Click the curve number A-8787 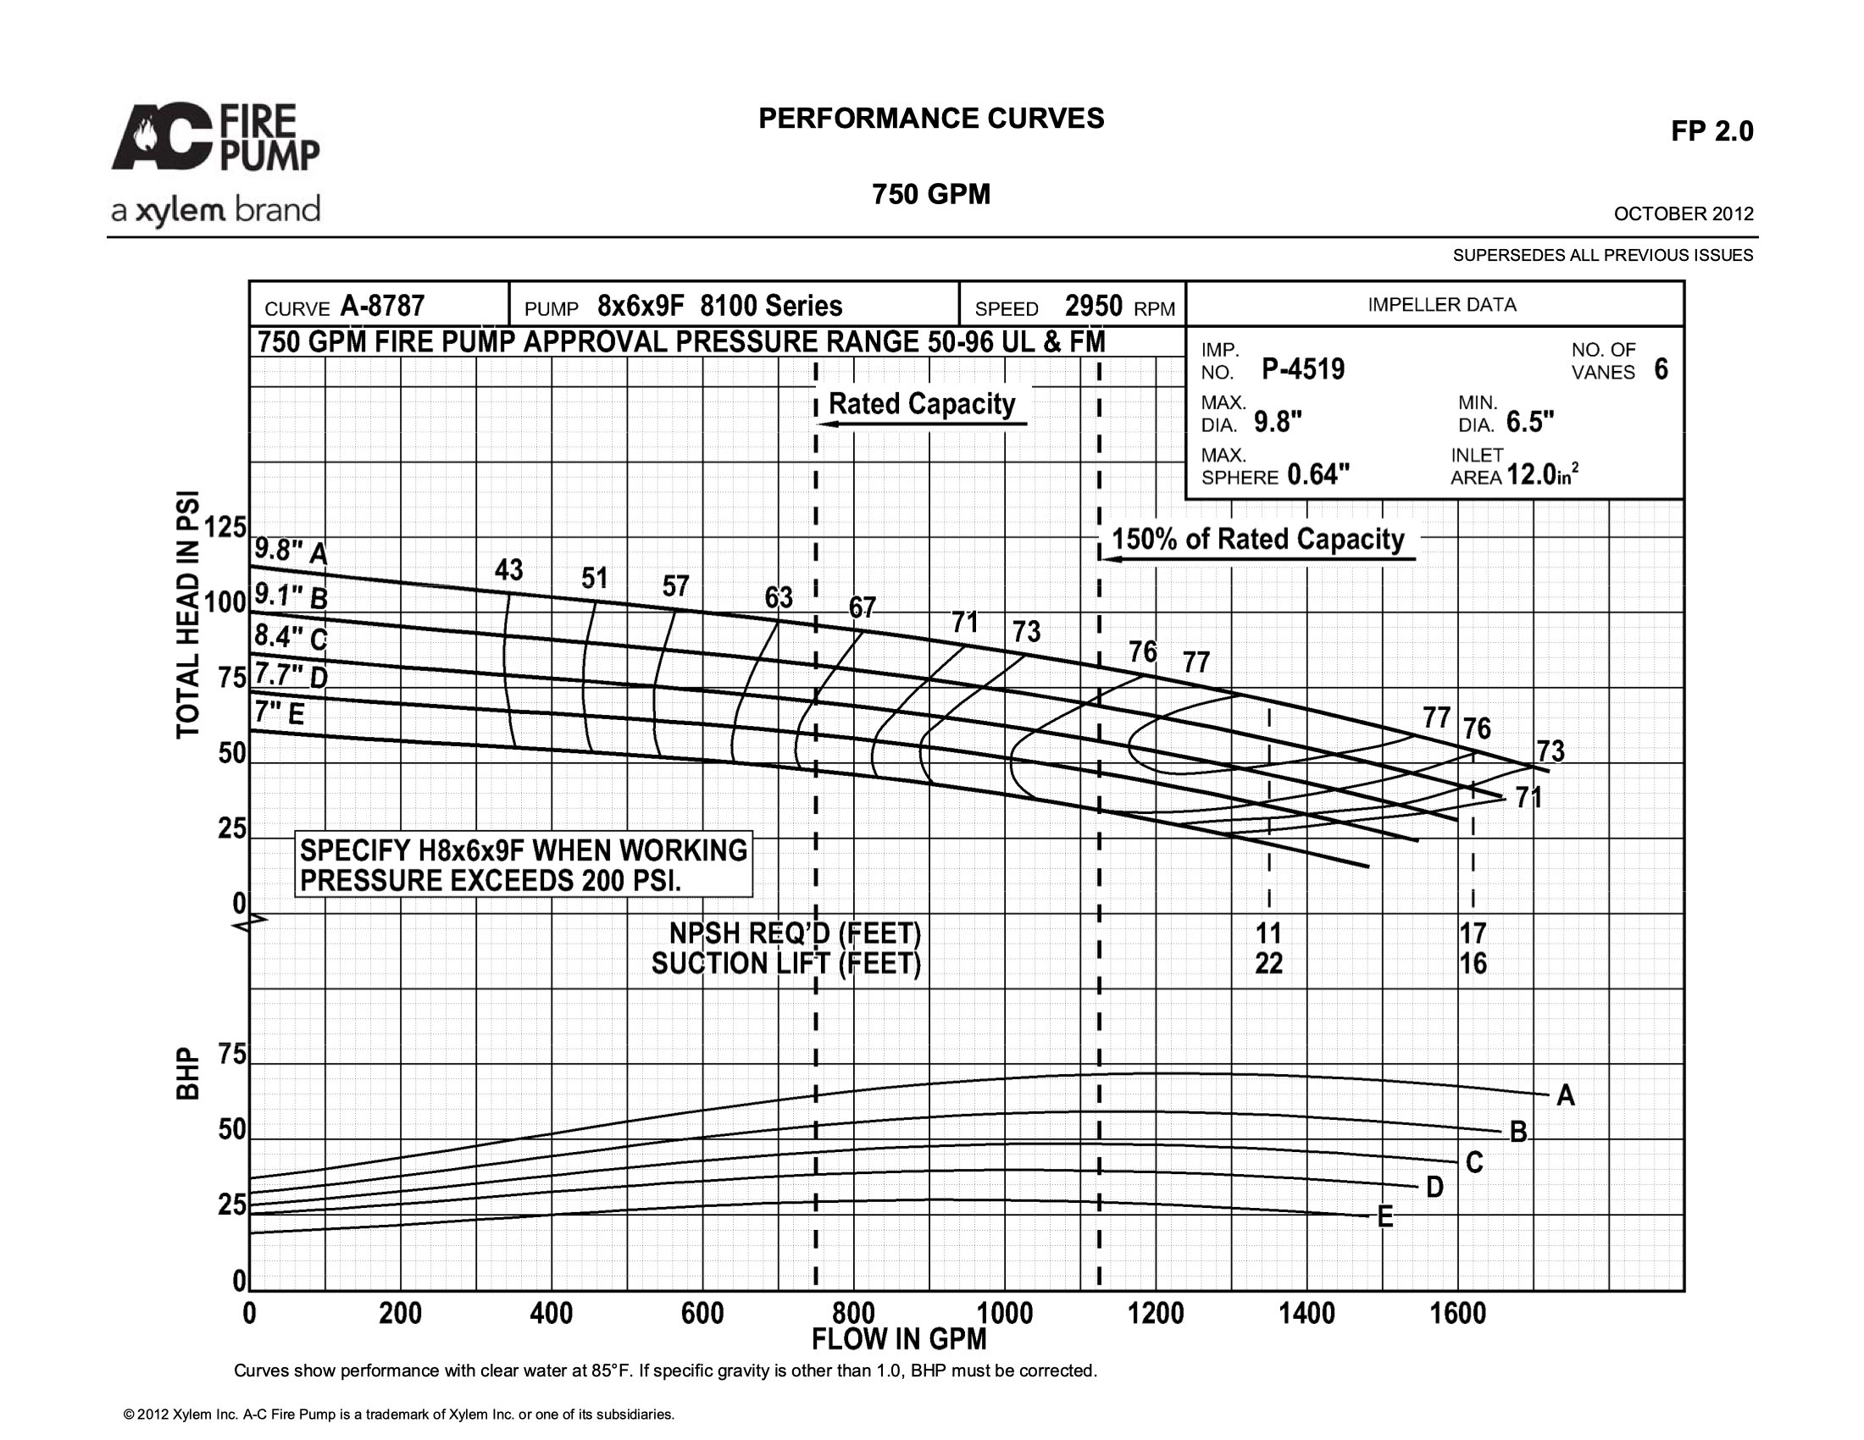pos(382,306)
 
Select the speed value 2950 pos(1093,306)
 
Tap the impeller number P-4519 pos(1303,369)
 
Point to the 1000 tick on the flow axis pos(1005,1313)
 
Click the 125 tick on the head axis pos(225,527)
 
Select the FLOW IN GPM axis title pos(899,1339)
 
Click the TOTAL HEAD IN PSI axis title pos(188,615)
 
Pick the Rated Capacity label pos(922,403)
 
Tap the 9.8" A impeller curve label pos(291,552)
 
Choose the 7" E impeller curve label pos(279,712)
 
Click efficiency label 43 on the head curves pos(508,570)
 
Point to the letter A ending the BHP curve pos(1565,1094)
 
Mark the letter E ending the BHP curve pos(1386,1216)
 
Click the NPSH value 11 pos(1268,933)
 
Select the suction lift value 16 pos(1473,964)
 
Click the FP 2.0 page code pos(1712,130)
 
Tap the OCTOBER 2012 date pos(1684,213)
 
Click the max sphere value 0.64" pos(1318,474)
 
